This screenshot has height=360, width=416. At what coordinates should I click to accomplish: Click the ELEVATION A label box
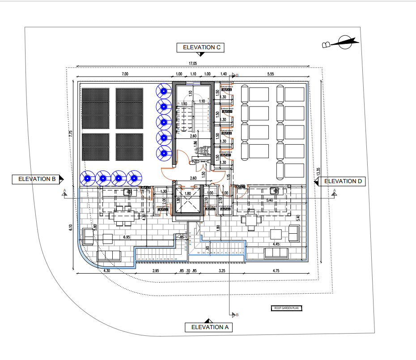click(209, 327)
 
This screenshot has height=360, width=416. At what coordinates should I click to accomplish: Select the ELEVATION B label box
click(37, 179)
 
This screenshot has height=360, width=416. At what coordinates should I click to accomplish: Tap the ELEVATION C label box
click(200, 47)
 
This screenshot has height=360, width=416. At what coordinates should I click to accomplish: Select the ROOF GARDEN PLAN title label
click(287, 308)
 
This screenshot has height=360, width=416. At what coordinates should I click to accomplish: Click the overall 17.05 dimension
click(193, 64)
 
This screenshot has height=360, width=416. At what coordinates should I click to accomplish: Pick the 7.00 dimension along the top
click(125, 74)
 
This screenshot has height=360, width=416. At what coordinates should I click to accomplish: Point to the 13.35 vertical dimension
click(318, 172)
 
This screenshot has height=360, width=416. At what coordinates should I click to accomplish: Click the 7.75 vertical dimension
click(70, 134)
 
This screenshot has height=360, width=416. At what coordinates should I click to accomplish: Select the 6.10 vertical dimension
click(70, 228)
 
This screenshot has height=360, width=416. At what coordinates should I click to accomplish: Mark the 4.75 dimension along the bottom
click(276, 271)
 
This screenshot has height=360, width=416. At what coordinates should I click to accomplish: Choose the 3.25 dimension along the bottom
click(222, 271)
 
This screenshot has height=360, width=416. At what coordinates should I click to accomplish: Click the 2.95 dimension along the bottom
click(155, 271)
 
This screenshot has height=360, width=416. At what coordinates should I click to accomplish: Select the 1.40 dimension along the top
click(224, 74)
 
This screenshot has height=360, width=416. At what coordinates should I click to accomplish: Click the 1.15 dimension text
click(228, 176)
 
